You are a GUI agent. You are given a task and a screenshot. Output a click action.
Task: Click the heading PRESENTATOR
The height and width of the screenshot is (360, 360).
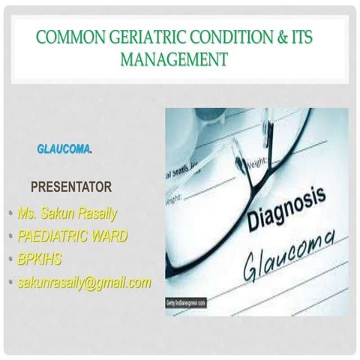pos(70,187)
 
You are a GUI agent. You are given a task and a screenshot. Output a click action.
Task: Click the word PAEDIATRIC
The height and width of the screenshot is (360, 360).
pos(53,236)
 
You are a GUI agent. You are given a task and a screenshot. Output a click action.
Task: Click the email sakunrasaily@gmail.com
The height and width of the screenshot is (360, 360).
pos(84,282)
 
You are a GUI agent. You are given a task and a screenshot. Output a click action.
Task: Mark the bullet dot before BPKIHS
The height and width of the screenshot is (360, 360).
pos(10,260)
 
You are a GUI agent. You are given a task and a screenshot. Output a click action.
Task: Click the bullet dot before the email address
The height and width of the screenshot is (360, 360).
pos(10,283)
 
